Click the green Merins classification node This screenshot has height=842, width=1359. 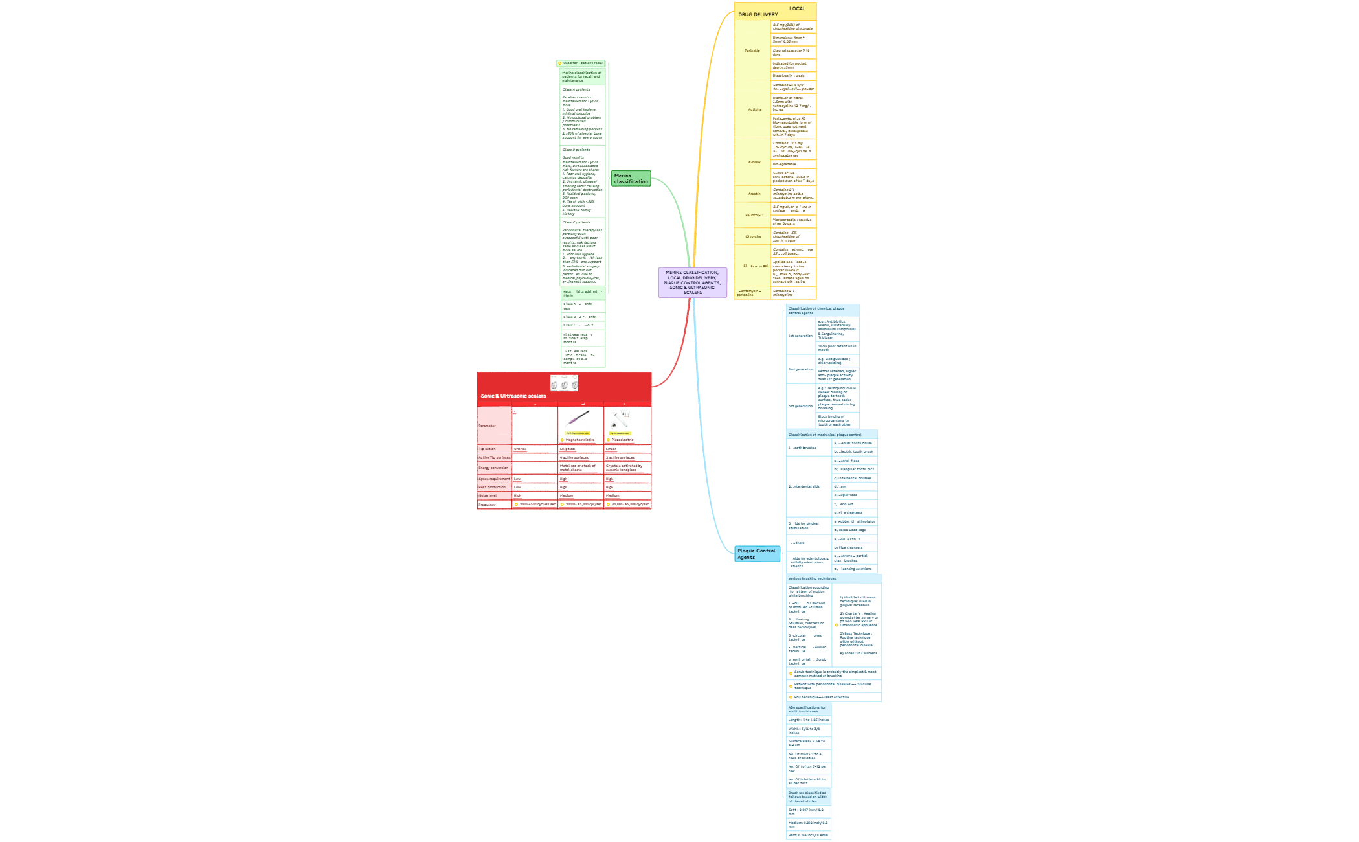[x=631, y=179]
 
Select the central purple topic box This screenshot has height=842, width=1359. [x=692, y=282]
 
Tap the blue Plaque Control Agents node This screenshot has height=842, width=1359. [x=756, y=554]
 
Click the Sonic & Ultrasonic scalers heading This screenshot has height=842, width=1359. [x=513, y=396]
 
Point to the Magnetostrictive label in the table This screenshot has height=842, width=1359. [x=579, y=440]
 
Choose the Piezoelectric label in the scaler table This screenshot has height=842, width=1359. [x=622, y=440]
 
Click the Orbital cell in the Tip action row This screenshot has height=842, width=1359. [x=520, y=449]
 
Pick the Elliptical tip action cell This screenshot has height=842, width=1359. [x=567, y=449]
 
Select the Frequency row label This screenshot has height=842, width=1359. [x=487, y=505]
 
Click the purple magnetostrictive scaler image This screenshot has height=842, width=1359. [x=578, y=418]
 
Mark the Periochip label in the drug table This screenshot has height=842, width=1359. [x=752, y=51]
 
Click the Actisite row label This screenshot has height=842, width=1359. [x=754, y=109]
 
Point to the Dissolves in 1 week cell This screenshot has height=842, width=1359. [x=788, y=76]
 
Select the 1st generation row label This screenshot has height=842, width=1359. [x=800, y=336]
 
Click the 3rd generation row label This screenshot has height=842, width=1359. [x=800, y=406]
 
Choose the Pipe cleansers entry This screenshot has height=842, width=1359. [x=848, y=547]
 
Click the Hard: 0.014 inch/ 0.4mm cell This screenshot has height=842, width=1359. [x=808, y=835]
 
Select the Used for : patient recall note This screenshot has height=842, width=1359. [x=582, y=63]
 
